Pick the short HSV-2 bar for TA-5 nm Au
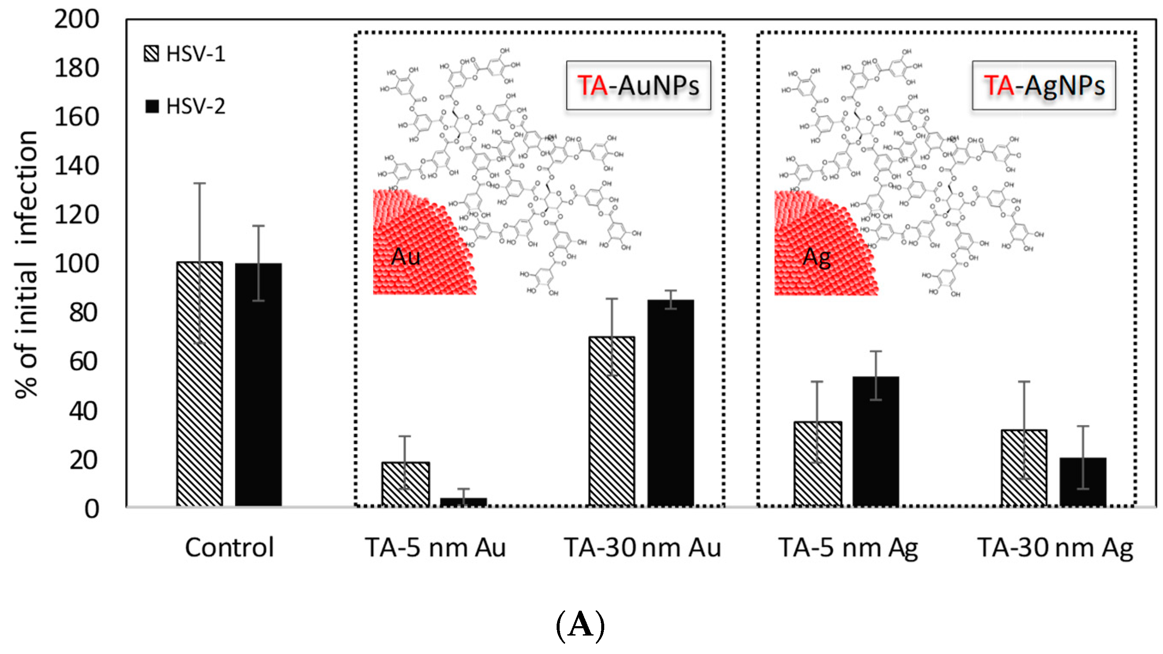pos(463,501)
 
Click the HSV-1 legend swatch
pos(151,53)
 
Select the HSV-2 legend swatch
pos(152,106)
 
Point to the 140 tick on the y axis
pos(77,166)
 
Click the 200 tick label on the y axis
pos(77,19)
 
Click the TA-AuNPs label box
pos(639,85)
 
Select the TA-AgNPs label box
pos(1044,85)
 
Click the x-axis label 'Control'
pos(229,548)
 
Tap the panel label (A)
pos(580,625)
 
